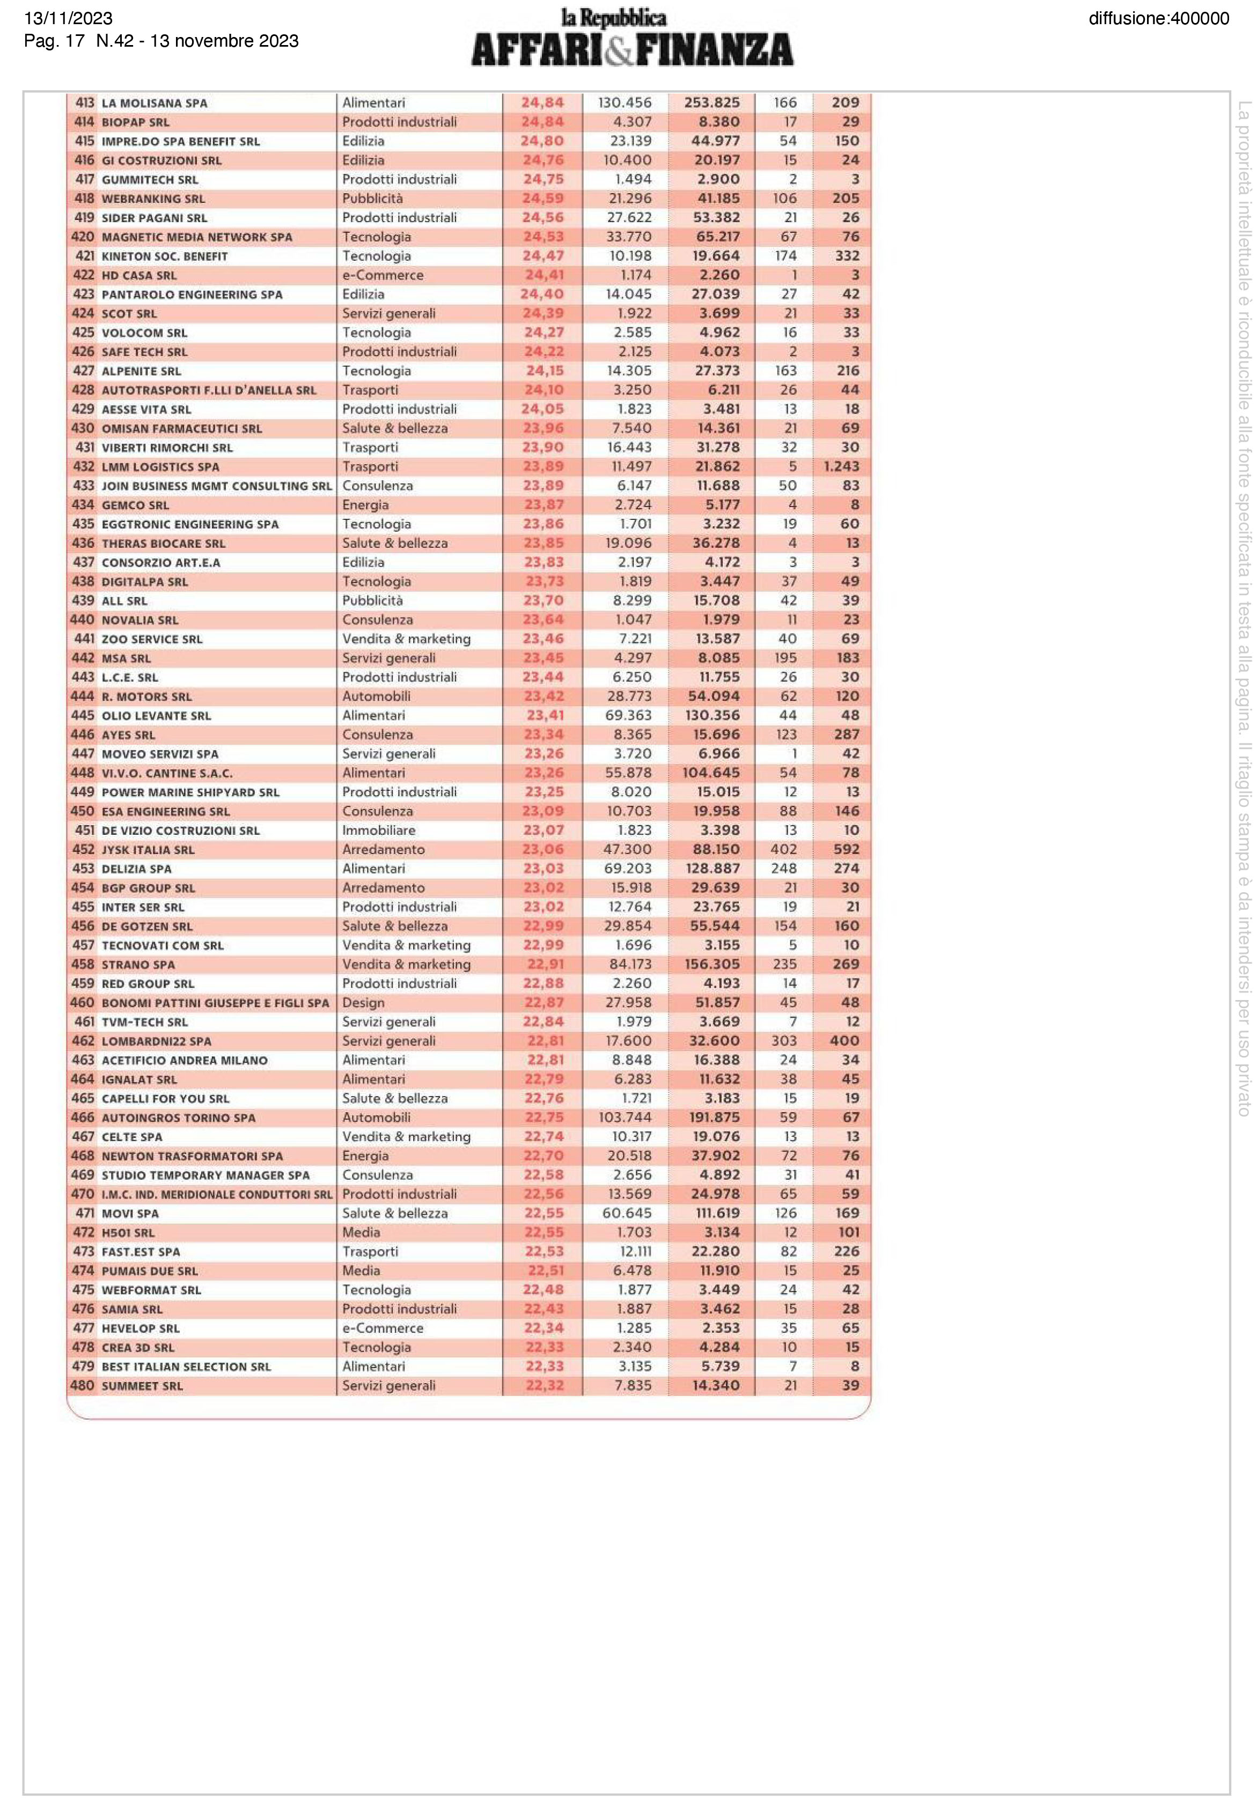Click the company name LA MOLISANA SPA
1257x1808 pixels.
pyautogui.click(x=155, y=103)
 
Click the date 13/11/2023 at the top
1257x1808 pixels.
pyautogui.click(x=69, y=18)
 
